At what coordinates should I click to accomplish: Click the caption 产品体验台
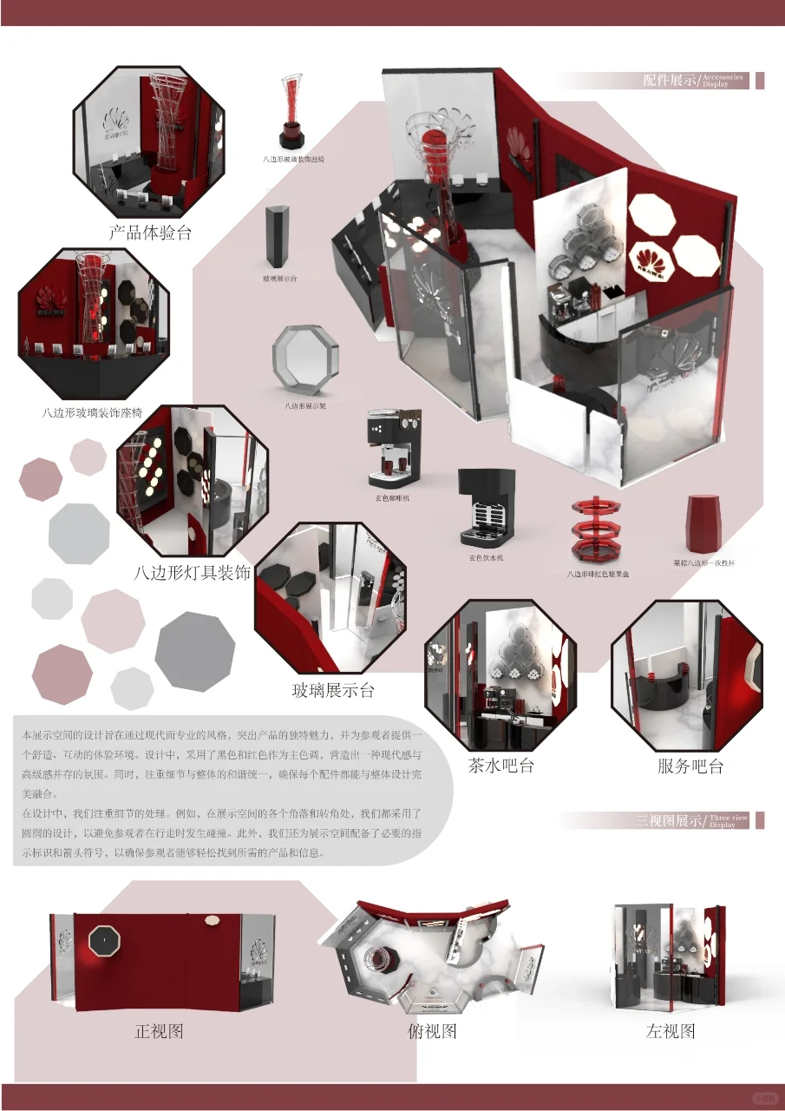150,233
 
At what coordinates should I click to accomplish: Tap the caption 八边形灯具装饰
193,573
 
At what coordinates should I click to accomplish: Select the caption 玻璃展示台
333,691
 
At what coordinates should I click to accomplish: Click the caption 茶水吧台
500,766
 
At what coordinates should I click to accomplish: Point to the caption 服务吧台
690,766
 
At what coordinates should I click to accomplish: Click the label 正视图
159,1031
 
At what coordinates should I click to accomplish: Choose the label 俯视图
432,1031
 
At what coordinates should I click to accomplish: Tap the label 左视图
671,1031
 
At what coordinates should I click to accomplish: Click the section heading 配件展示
670,81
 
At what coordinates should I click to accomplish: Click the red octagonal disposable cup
703,523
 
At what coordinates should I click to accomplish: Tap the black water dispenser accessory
486,507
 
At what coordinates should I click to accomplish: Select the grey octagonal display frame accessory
305,360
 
